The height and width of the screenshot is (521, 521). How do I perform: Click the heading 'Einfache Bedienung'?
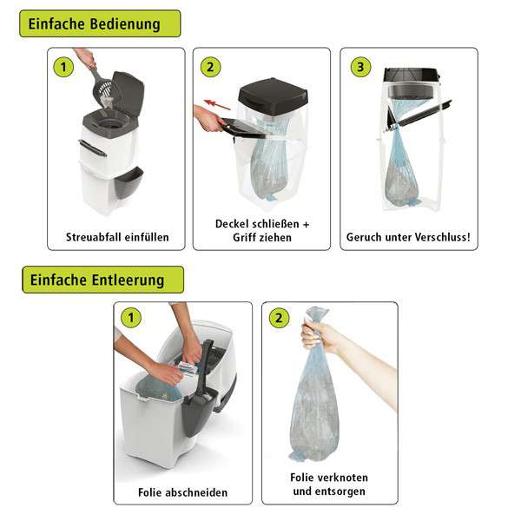point(94,24)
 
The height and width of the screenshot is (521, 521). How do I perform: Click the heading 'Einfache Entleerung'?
point(97,280)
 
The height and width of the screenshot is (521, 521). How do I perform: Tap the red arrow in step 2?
point(217,104)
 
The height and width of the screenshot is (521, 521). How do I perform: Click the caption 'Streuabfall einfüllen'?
point(117,237)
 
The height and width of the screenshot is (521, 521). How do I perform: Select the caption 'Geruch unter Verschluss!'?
point(408,237)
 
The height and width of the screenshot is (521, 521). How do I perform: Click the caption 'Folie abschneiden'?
point(182,492)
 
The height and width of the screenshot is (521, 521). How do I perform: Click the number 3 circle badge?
point(360,67)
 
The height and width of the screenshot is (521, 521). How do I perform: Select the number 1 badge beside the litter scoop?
point(63,67)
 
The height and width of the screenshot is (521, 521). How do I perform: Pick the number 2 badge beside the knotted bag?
point(279,318)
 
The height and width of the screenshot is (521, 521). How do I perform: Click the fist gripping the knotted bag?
point(316,336)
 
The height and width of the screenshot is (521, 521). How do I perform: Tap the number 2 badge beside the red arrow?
point(210,67)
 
